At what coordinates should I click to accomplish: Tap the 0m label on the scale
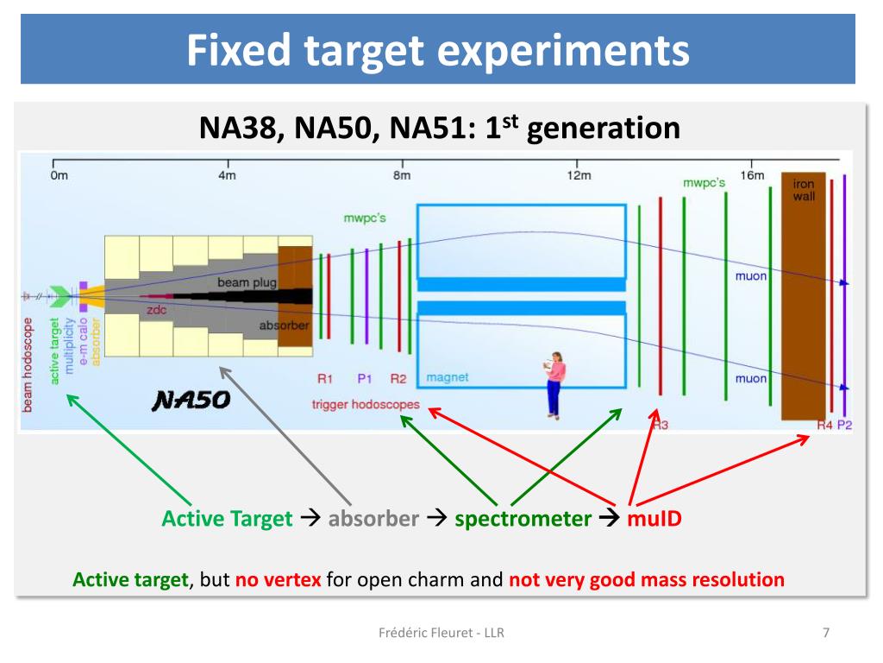coord(58,176)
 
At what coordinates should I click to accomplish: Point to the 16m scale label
coord(752,175)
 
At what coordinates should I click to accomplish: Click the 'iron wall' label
coord(804,190)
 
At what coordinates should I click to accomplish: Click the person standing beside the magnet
coord(554,383)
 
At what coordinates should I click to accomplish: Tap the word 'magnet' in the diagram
coord(448,378)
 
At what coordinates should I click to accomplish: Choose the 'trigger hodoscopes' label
coord(366,404)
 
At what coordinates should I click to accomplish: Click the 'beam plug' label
coord(228,282)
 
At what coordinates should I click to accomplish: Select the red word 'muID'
coord(654,519)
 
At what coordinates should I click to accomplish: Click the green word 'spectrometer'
coord(523,519)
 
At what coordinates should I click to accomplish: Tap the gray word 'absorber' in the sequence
coord(373,519)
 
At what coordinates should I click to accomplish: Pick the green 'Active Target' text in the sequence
coord(227,519)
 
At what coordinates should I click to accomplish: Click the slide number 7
coord(826,633)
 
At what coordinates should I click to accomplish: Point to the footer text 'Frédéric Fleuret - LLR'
coord(441,633)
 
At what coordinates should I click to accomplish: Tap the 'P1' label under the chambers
coord(365,378)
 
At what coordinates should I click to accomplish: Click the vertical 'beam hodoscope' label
coord(28,363)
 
